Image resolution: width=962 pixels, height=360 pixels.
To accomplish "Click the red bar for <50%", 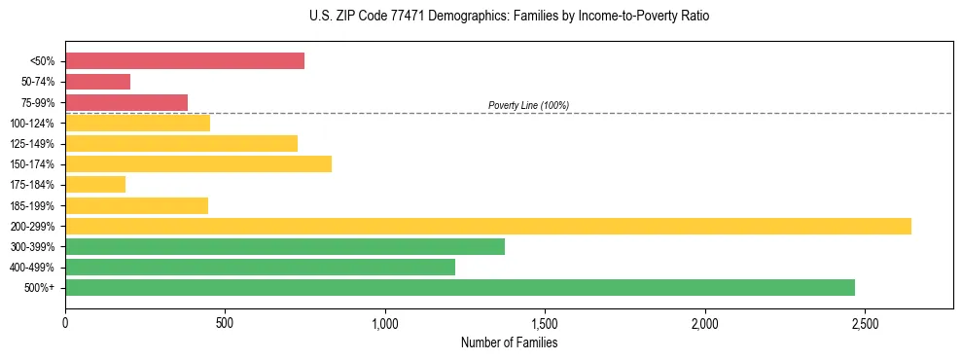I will pos(185,61).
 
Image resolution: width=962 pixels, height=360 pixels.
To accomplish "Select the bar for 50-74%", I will pos(97,82).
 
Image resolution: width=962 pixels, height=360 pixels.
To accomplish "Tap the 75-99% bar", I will pos(126,102).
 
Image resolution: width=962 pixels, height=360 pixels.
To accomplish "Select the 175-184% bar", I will pos(95,185).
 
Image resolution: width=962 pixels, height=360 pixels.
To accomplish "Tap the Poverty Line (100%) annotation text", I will pos(528,105).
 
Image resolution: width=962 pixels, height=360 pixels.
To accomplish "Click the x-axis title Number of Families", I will pos(510,342).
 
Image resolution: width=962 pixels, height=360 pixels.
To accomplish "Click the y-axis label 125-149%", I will pos(32,144).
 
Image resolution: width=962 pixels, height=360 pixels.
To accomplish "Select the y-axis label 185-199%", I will pos(32,205).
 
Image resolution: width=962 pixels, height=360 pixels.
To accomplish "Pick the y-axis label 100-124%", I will pos(32,124).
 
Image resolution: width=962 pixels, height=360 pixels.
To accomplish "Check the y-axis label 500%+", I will pos(40,288).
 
